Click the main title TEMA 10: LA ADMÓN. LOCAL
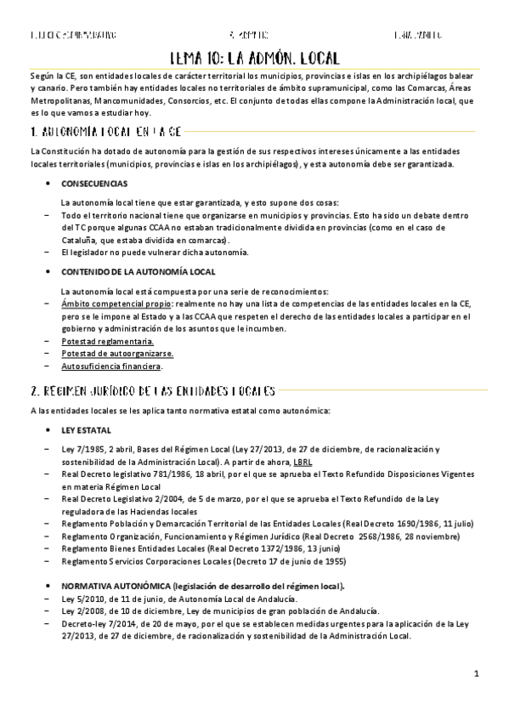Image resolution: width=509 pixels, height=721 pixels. [254, 58]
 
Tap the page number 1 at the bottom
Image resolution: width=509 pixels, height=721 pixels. [477, 674]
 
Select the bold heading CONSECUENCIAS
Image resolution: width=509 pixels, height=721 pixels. [94, 184]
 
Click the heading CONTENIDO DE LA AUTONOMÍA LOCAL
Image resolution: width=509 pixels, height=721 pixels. [127, 271]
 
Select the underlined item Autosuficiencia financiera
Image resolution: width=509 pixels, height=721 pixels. [111, 366]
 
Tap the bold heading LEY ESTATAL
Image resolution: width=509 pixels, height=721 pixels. [86, 430]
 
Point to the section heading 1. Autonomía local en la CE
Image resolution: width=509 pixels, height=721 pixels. [93, 132]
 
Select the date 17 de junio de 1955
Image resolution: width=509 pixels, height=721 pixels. [304, 561]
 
